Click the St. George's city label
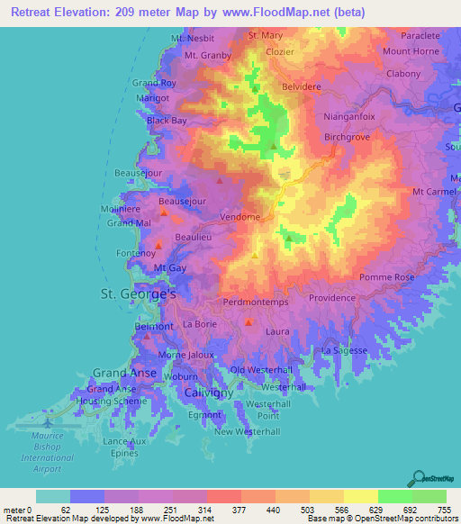(136, 294)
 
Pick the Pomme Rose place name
(386, 278)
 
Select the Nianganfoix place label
(348, 116)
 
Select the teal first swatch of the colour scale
(52, 496)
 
